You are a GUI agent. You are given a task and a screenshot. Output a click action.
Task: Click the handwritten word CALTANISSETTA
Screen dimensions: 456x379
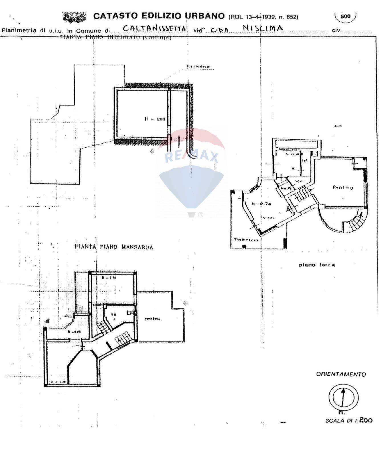[155, 28]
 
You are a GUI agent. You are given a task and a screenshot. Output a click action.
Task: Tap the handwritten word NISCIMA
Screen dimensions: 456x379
[263, 28]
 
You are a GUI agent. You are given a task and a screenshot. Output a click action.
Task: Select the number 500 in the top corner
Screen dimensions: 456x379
[345, 16]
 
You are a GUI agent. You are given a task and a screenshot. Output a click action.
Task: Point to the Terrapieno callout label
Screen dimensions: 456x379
[198, 67]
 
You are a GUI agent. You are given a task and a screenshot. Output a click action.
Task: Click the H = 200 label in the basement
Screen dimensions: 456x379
[155, 119]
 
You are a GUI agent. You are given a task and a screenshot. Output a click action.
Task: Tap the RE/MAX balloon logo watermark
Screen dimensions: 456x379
[192, 171]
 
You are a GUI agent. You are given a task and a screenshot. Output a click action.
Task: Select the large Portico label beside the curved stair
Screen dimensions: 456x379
[343, 188]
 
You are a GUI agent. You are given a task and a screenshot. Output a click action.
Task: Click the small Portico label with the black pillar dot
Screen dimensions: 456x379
[246, 240]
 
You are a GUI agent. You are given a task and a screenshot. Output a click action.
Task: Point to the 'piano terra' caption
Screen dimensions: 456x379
[317, 265]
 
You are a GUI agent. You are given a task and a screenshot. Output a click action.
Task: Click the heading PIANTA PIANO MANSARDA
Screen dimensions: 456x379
[114, 247]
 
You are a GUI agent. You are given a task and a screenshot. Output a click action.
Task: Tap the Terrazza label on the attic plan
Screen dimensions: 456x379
[152, 319]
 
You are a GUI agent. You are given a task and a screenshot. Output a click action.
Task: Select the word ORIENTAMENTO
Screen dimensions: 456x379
[341, 374]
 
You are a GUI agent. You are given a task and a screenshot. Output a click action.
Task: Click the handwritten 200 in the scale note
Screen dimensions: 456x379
[366, 420]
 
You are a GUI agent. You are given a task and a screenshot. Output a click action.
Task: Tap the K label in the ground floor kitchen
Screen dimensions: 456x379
[293, 168]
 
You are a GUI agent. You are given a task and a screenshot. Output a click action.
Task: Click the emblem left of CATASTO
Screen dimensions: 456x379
[74, 17]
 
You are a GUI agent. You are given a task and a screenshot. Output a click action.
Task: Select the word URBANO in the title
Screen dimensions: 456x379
[205, 16]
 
